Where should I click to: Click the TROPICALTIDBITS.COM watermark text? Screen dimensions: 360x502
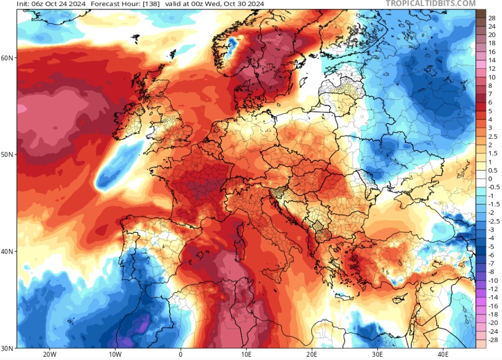point(430,4)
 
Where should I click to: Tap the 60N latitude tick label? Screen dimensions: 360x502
point(8,58)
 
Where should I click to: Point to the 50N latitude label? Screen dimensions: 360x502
point(8,155)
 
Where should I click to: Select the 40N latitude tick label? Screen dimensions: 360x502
point(8,251)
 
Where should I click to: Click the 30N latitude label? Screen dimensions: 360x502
point(8,347)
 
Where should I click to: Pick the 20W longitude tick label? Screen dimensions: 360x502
point(49,354)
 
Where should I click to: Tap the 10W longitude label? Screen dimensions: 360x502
point(115,354)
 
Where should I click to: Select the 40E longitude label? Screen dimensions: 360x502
point(443,354)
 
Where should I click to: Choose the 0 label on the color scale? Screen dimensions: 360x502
point(490,179)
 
